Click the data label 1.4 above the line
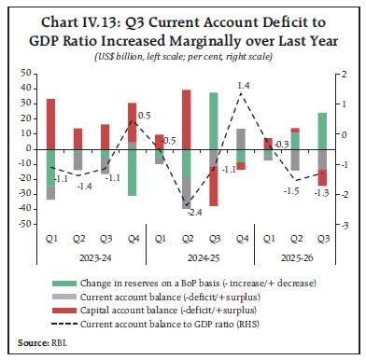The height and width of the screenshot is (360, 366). pyautogui.click(x=243, y=86)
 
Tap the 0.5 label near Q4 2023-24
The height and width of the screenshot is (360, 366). pyautogui.click(x=145, y=115)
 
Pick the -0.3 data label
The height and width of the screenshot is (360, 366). pyautogui.click(x=280, y=145)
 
